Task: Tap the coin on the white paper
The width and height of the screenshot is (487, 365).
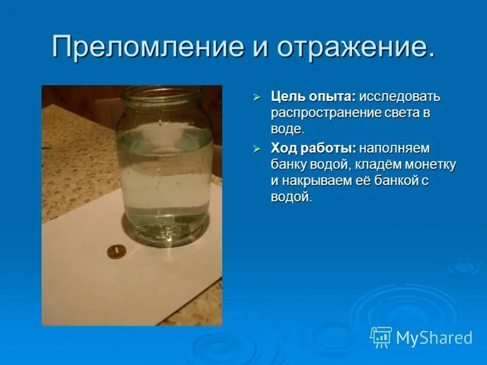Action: [116, 251]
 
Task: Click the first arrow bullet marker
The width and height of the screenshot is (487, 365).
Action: [258, 97]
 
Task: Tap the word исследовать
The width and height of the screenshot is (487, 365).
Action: [399, 97]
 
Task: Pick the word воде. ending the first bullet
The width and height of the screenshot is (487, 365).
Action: [287, 129]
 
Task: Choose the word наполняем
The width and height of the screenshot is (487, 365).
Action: [394, 148]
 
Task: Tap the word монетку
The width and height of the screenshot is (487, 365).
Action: [430, 165]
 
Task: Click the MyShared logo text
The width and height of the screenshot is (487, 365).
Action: [433, 338]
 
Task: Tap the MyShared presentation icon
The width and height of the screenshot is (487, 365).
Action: [381, 337]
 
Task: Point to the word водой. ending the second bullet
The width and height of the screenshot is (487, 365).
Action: [291, 197]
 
